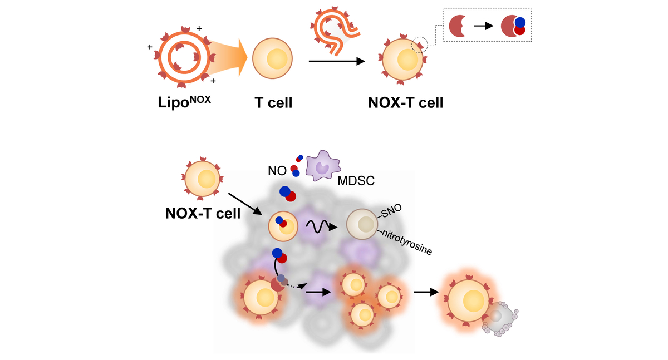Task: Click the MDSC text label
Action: click(354, 181)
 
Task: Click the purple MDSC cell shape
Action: click(322, 165)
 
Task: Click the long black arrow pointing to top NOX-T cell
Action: click(336, 61)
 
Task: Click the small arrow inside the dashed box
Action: click(483, 26)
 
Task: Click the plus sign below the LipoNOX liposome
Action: click(213, 81)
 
